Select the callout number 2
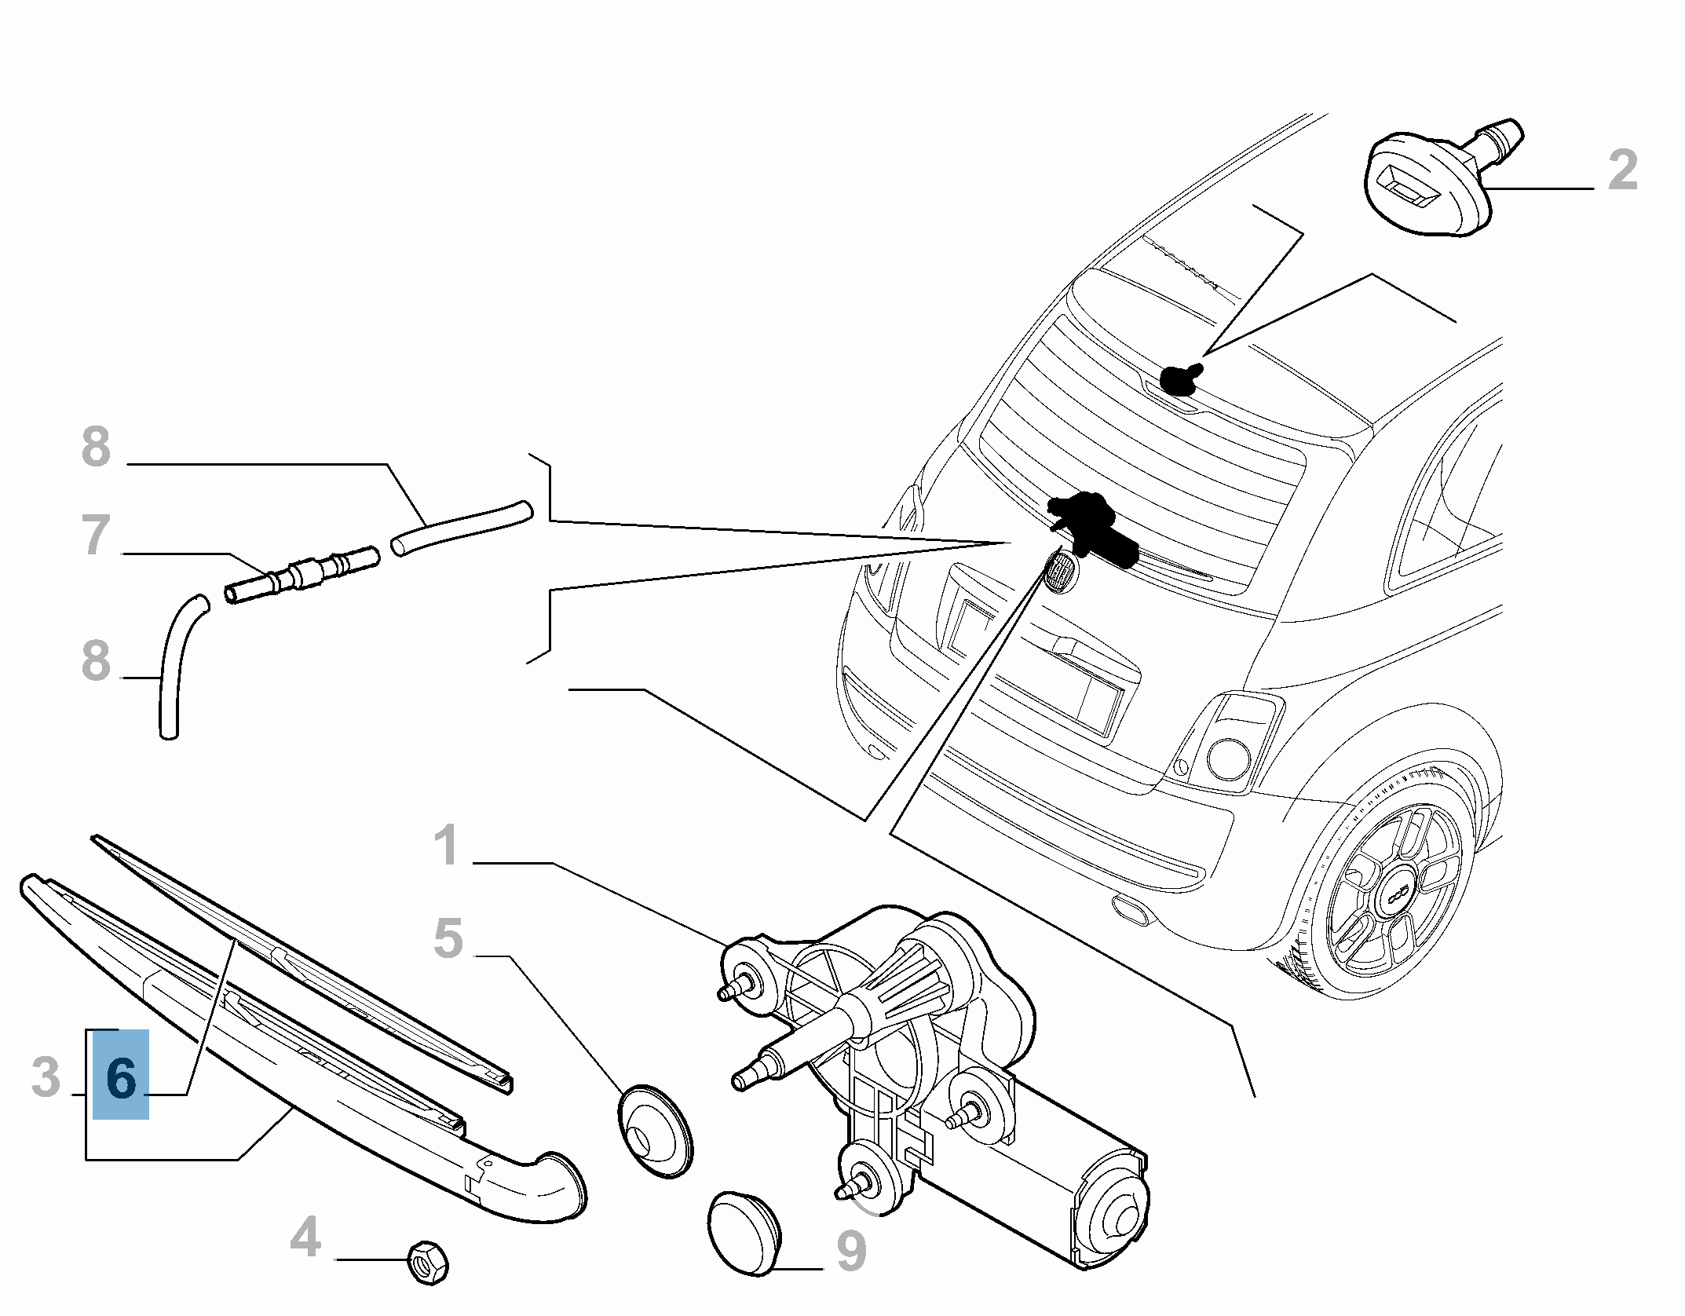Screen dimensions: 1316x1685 [1622, 170]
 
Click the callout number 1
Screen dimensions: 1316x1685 [447, 846]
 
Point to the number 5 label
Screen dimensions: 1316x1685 [448, 938]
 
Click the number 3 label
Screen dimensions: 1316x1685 [46, 1077]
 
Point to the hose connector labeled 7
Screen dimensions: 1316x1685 [302, 574]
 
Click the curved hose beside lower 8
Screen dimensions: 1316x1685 [175, 667]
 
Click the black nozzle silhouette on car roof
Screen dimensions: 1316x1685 [1180, 379]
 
